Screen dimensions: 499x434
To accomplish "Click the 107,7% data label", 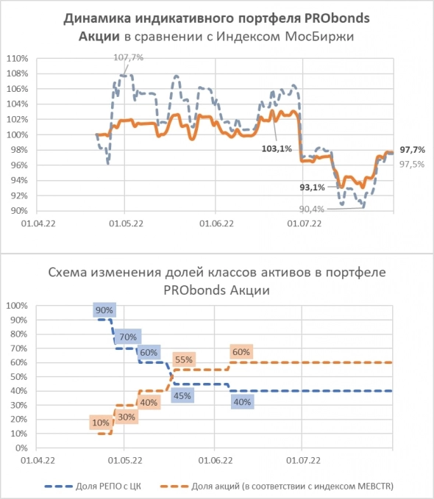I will [x=128, y=56].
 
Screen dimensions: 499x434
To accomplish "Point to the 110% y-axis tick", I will [x=17, y=58].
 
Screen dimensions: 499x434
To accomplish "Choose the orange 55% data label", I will [x=185, y=359].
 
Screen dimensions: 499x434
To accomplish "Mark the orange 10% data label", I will [x=100, y=422].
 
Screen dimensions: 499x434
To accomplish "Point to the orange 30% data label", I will [x=127, y=417].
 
